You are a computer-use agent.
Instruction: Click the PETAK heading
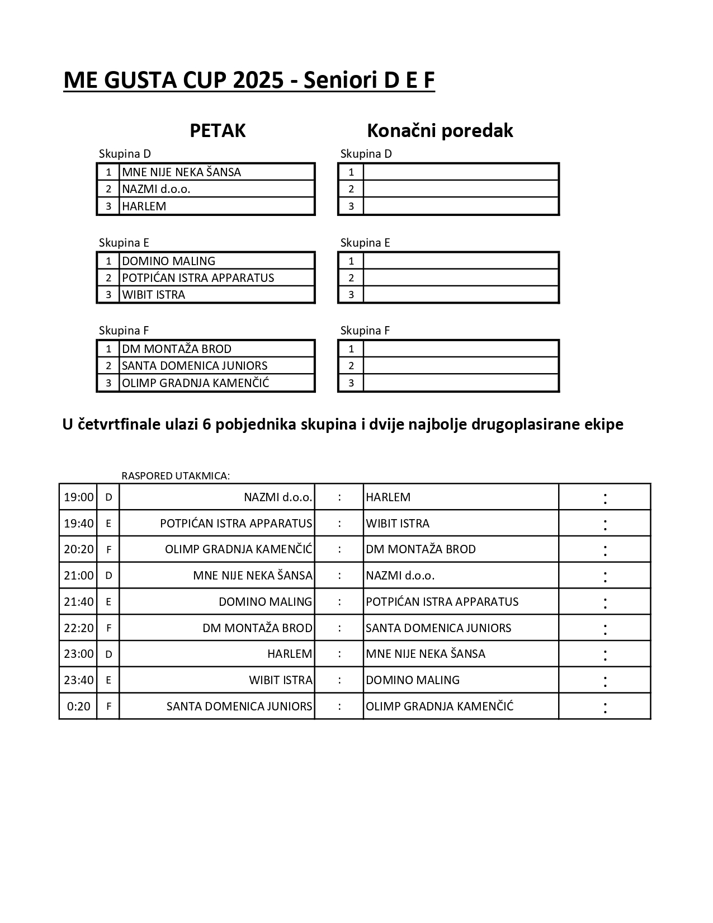218,130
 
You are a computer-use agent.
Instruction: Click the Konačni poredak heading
440,130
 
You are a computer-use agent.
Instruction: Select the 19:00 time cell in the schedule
78,497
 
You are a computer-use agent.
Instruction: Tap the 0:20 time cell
78,706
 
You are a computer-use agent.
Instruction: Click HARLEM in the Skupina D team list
144,206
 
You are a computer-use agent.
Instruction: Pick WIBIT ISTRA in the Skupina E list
153,294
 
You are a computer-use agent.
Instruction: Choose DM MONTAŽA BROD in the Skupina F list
177,349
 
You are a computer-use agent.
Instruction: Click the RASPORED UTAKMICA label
176,475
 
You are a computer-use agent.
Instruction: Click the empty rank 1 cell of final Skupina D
460,172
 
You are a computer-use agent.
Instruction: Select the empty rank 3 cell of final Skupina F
460,383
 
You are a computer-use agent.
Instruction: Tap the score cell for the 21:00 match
605,575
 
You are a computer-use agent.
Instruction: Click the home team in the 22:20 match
257,628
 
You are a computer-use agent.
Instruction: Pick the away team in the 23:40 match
413,680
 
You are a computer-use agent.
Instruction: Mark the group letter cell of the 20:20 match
108,549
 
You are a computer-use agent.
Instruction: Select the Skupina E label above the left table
124,242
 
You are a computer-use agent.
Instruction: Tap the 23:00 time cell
78,653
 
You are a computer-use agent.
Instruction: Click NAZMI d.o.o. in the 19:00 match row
278,497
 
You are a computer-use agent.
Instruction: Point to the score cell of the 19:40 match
605,523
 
